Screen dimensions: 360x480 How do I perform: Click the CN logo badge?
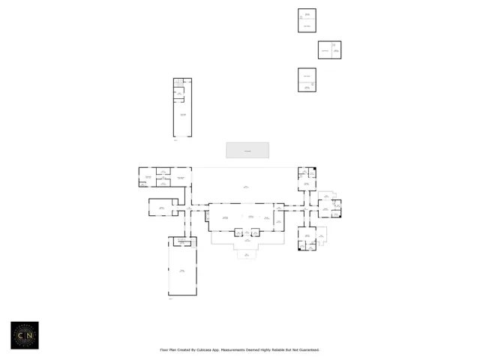[24, 335]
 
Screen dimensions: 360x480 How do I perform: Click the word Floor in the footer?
[164, 349]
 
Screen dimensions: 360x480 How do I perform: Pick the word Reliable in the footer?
[281, 349]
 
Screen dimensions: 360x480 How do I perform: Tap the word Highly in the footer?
[268, 349]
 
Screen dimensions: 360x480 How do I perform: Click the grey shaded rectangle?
[247, 150]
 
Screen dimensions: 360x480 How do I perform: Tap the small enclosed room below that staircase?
[179, 94]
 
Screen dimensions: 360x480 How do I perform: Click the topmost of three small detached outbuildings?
[307, 20]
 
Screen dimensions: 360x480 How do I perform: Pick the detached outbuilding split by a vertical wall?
[329, 50]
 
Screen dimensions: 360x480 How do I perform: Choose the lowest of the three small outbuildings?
[307, 79]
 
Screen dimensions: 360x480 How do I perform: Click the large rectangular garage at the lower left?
[182, 270]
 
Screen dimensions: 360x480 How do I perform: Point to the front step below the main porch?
[247, 255]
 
